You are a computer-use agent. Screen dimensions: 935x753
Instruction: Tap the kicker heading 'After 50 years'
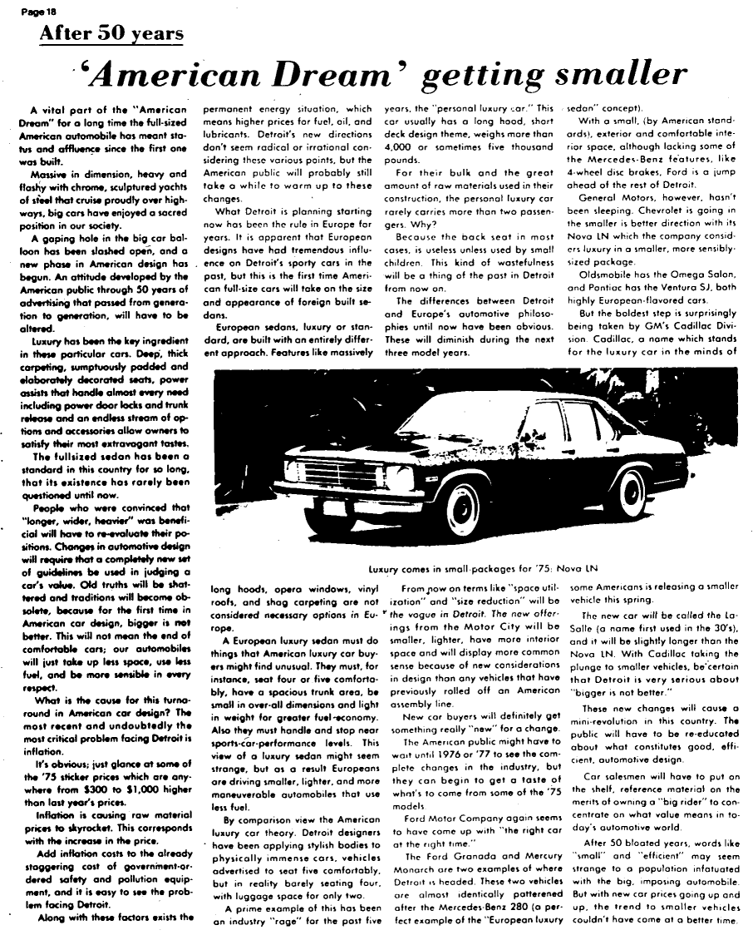point(111,33)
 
